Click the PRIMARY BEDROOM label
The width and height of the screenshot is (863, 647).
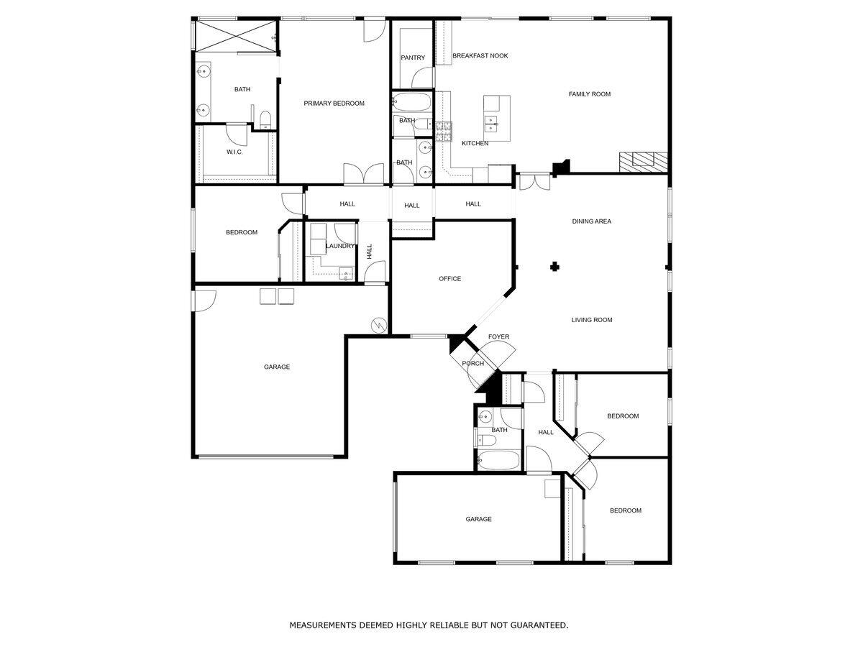coord(334,104)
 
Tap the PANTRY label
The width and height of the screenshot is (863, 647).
coord(413,58)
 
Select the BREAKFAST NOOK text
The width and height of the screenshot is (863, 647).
coord(480,55)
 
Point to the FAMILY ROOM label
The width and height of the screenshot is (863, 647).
coord(589,94)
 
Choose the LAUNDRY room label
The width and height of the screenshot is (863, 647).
coord(339,246)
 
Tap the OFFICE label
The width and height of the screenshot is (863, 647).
coord(449,279)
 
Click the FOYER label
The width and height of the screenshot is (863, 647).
coord(498,336)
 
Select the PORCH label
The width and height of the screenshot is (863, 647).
coord(472,363)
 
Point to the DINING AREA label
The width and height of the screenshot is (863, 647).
coord(591,221)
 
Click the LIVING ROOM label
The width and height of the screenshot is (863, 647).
coord(591,320)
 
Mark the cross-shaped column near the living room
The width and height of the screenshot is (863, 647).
coord(554,267)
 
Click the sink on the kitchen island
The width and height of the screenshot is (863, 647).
coord(493,121)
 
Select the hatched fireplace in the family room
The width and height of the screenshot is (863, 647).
coord(644,160)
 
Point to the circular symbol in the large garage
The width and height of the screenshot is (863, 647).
coord(378,326)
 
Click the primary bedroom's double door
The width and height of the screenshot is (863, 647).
coord(363,175)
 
